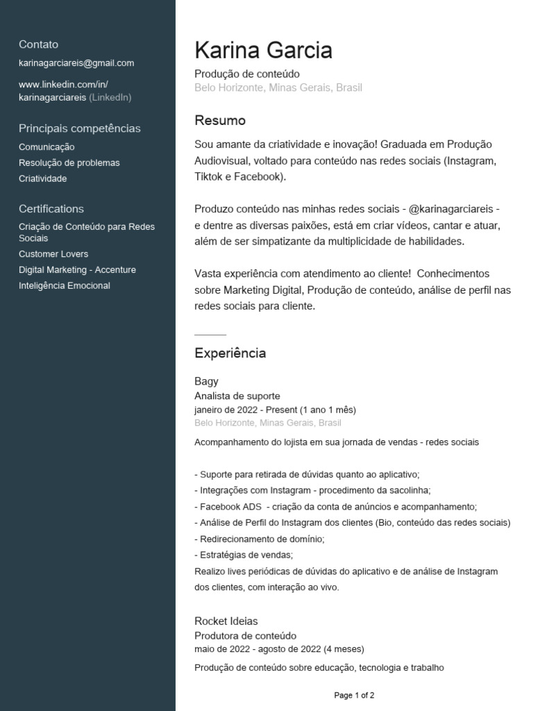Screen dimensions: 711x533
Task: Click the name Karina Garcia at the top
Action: click(263, 51)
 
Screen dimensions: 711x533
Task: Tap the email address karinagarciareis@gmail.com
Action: click(76, 63)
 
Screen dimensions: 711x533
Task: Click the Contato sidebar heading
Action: click(38, 44)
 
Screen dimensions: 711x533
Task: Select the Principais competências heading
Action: click(79, 128)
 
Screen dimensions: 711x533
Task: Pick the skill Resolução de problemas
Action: click(69, 163)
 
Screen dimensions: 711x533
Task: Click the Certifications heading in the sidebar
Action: click(51, 209)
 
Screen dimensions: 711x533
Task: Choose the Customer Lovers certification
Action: click(53, 254)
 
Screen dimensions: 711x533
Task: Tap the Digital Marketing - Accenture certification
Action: click(77, 270)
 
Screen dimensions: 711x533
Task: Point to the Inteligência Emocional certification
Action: click(64, 286)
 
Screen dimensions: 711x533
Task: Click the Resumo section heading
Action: click(220, 121)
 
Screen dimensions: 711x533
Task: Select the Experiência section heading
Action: click(230, 353)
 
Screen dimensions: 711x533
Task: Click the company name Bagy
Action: click(206, 381)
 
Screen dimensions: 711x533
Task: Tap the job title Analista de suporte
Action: click(237, 396)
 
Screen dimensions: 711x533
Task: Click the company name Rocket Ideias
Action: click(226, 621)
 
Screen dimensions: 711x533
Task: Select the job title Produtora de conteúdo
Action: click(245, 636)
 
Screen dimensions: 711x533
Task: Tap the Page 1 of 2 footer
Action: click(354, 695)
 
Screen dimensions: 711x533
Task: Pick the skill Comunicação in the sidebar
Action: click(46, 147)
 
